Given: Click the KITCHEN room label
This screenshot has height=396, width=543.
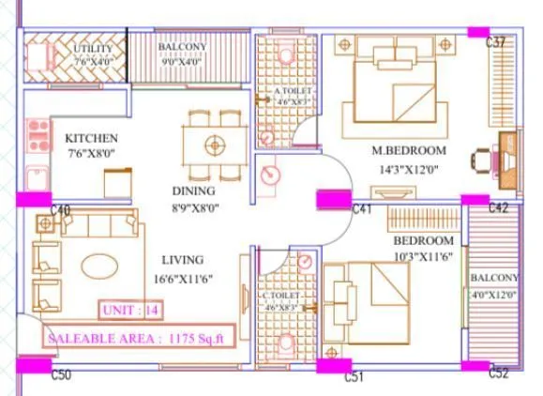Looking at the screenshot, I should point(91,139).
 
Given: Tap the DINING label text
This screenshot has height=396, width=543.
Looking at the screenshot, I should point(194,189).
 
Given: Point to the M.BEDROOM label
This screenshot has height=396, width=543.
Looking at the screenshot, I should point(408,151).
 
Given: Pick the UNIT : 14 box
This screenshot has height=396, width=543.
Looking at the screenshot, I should point(131,309).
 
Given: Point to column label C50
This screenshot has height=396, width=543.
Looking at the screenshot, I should point(61,375).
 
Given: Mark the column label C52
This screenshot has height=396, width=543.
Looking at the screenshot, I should point(498,373).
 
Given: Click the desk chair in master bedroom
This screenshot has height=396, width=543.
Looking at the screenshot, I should point(488,159).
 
